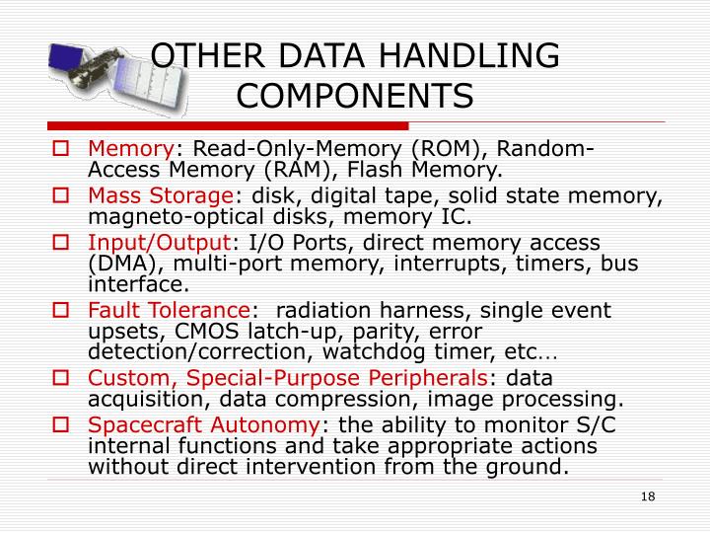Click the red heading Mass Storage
(x=161, y=196)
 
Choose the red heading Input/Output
(x=159, y=242)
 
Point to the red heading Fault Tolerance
(x=169, y=310)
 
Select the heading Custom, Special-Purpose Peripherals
(x=288, y=379)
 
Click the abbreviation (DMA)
(x=122, y=265)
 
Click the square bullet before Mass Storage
(x=60, y=196)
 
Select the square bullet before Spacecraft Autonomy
(x=60, y=424)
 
